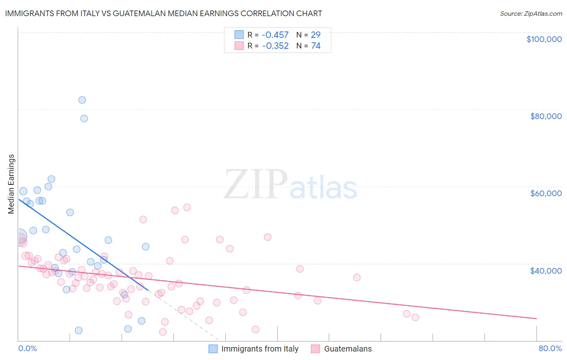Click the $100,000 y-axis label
click(544, 39)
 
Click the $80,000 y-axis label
click(546, 116)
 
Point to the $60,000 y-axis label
click(546, 193)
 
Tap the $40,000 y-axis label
click(546, 271)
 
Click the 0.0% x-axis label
click(27, 348)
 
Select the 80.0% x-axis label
click(550, 348)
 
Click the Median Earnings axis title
click(11, 184)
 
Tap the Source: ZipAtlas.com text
click(531, 13)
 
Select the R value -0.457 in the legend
click(275, 35)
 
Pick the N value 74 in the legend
click(315, 46)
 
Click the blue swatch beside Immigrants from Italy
click(213, 349)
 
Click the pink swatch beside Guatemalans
click(315, 349)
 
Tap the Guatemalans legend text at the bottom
click(348, 349)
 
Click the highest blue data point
click(82, 100)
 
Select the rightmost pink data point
click(415, 317)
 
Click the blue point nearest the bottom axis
click(79, 331)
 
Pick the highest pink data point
click(187, 207)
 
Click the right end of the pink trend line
click(536, 319)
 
